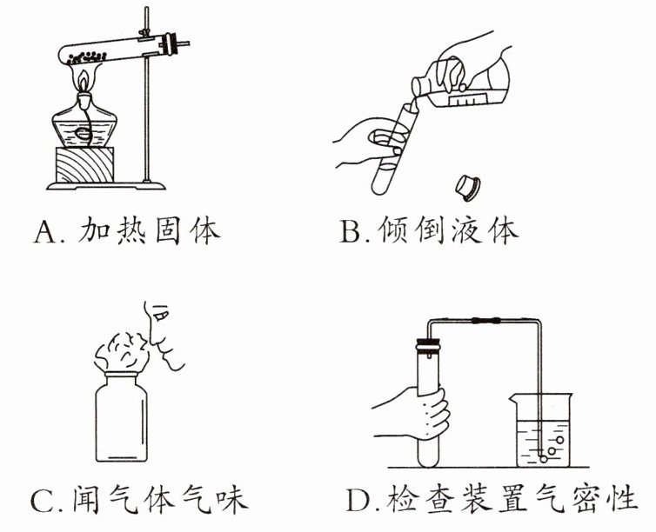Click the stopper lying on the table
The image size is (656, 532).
pyautogui.click(x=471, y=185)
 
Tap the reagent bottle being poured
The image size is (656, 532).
pyautogui.click(x=470, y=87)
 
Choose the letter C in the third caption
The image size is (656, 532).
pyautogui.click(x=44, y=502)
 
